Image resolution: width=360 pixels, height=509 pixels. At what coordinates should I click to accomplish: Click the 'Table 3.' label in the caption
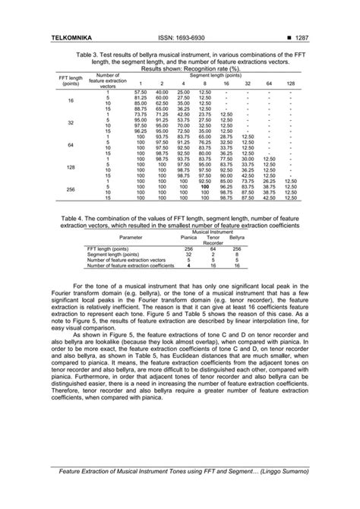tap(89, 56)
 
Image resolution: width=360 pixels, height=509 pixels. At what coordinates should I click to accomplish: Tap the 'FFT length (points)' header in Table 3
tap(70, 81)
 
